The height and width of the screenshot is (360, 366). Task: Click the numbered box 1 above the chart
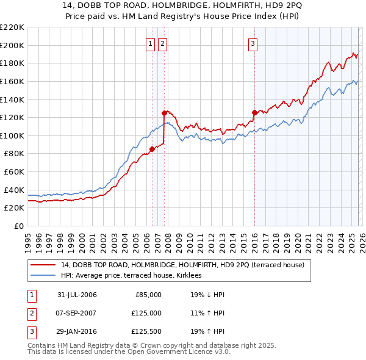150,43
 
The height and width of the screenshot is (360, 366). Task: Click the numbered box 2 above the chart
162,43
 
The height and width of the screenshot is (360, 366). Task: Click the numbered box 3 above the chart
253,43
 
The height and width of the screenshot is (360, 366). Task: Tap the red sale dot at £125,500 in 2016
254,112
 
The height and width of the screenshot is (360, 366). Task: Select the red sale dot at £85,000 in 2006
152,149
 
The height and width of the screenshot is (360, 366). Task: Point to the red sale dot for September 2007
164,113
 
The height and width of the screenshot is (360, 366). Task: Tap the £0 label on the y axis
18,226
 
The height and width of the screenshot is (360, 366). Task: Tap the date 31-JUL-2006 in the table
77,295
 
